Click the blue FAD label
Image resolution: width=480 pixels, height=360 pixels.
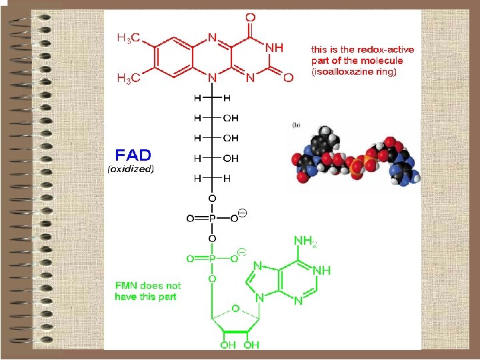click(x=133, y=155)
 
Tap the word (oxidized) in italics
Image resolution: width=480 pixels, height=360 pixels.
click(x=131, y=169)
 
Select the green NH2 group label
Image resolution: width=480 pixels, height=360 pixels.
click(x=305, y=241)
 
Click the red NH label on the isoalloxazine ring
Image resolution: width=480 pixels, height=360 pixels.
click(x=274, y=48)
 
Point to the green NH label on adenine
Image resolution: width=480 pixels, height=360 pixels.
click(x=321, y=271)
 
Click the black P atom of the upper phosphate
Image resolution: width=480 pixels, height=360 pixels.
click(x=211, y=218)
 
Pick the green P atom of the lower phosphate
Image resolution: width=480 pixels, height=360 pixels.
click(x=211, y=258)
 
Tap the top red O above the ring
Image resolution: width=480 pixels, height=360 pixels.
click(x=250, y=17)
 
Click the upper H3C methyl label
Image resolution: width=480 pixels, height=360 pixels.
click(x=129, y=38)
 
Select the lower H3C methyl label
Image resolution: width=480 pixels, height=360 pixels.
click(x=129, y=79)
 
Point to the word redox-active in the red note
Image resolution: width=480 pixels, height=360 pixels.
click(x=388, y=50)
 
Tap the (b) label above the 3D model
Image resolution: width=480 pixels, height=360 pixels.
click(x=297, y=124)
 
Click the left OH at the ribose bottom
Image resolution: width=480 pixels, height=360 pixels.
click(x=228, y=345)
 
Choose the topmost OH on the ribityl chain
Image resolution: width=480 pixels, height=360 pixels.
click(x=230, y=118)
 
